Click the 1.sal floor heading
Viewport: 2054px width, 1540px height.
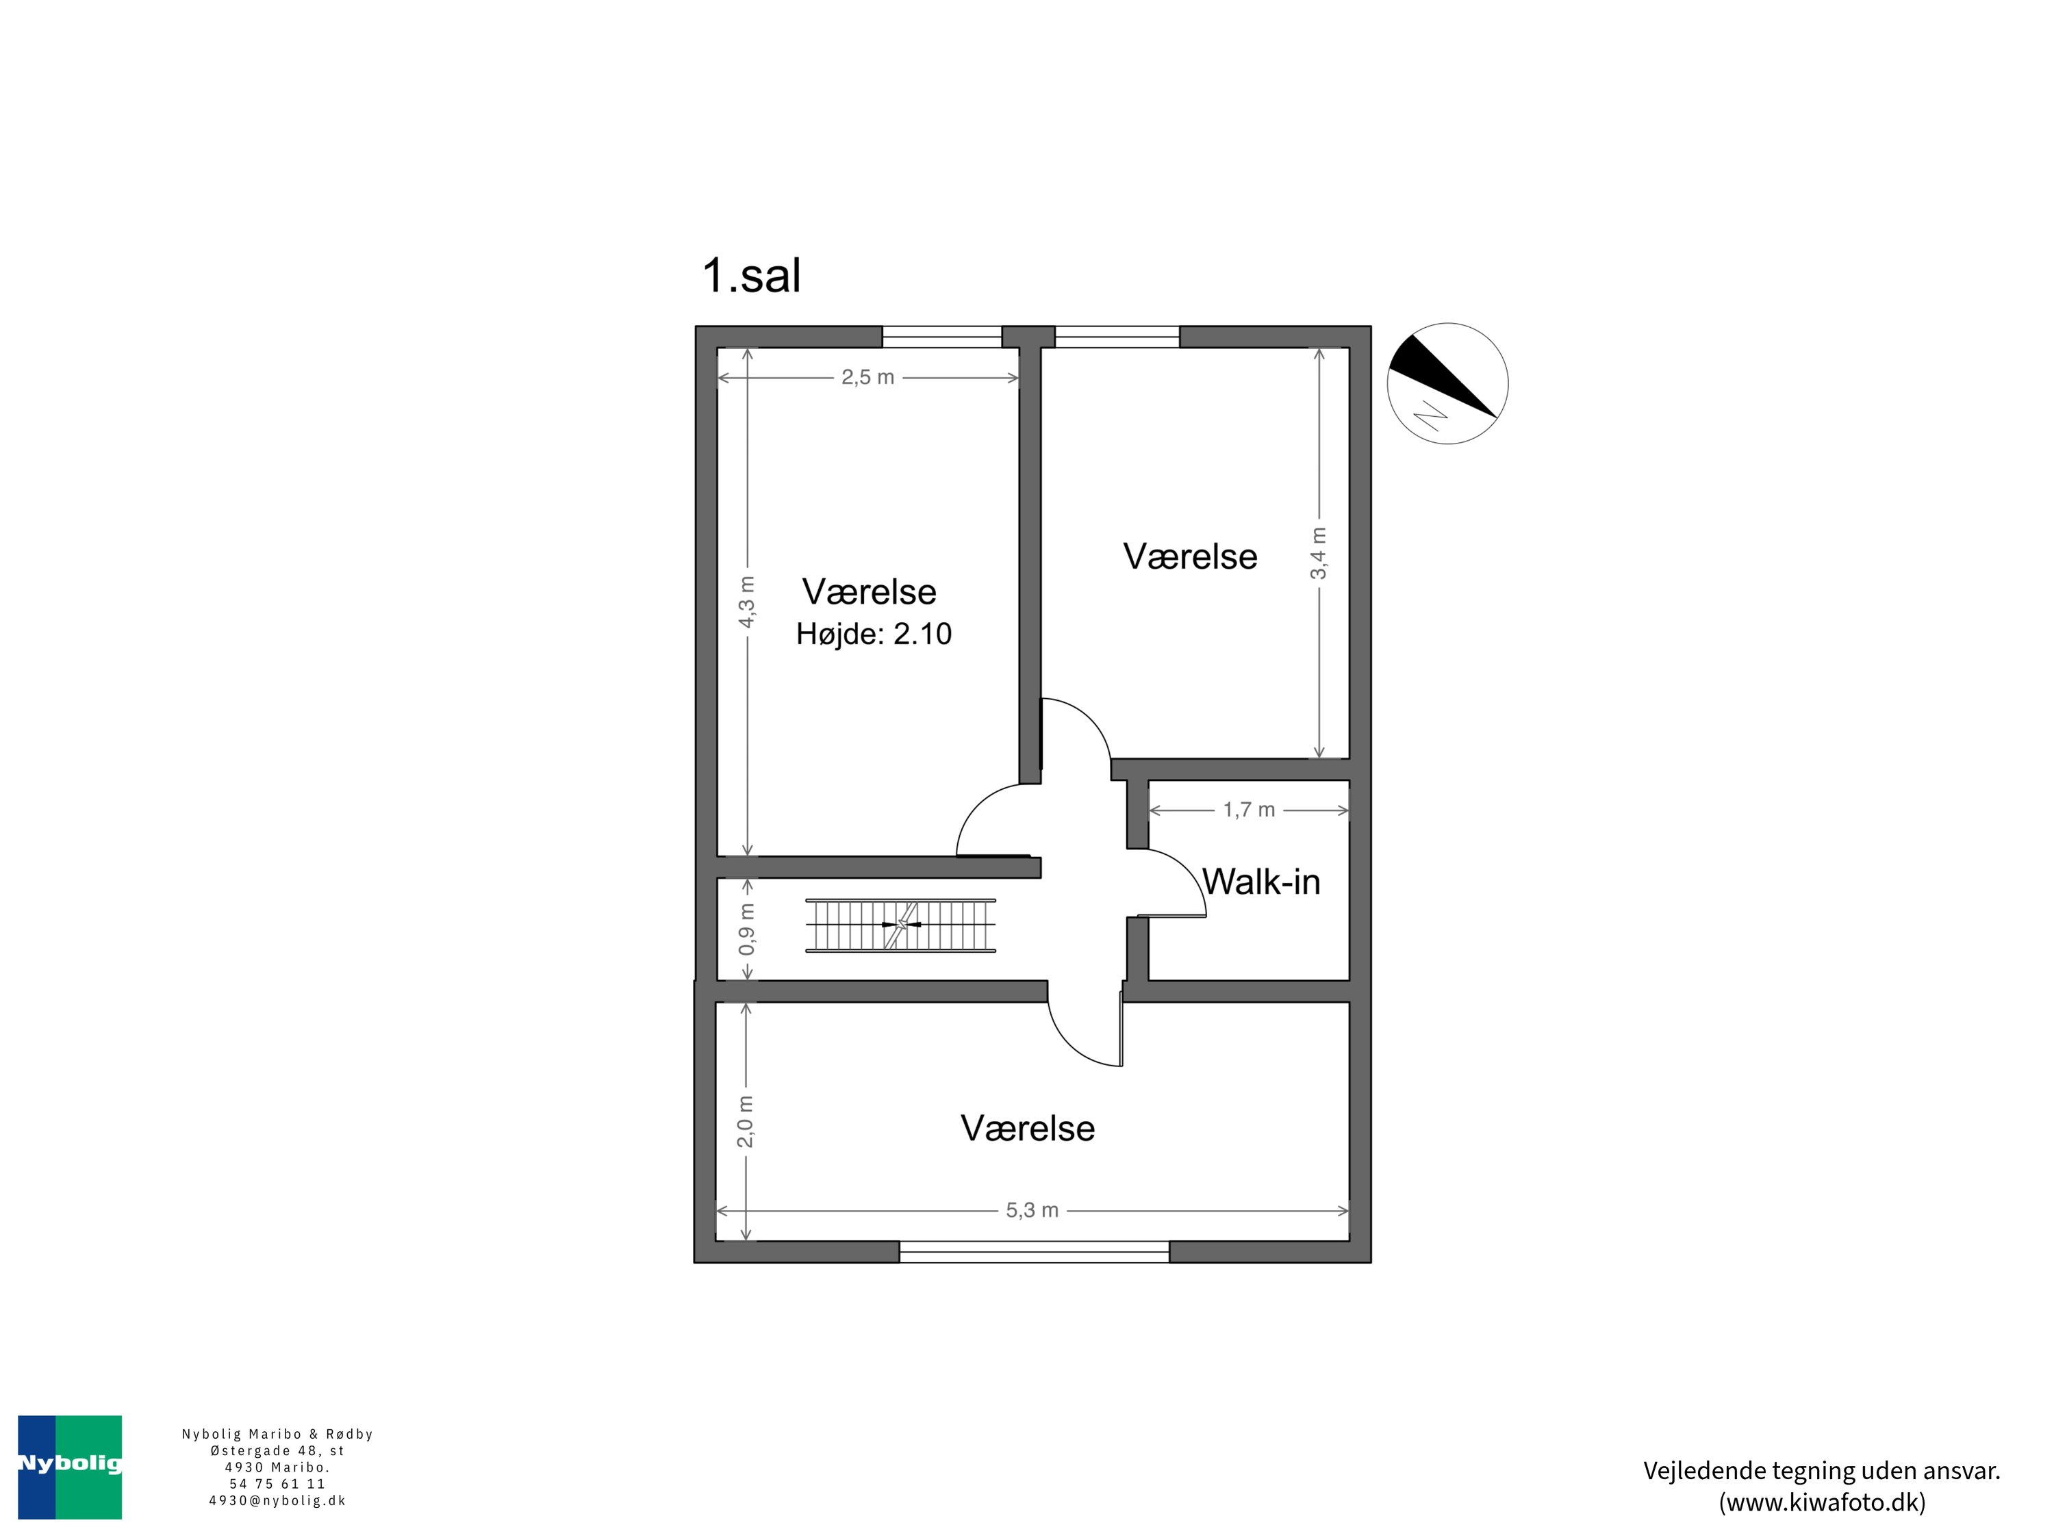click(751, 276)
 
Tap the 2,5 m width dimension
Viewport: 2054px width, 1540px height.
click(867, 377)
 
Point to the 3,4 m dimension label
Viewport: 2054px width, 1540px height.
click(1319, 553)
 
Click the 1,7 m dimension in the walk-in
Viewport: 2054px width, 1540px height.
click(1249, 810)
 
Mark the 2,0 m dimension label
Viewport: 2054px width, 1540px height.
click(746, 1121)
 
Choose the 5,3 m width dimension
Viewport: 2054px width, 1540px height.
click(1032, 1211)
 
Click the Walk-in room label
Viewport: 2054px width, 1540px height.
click(1261, 882)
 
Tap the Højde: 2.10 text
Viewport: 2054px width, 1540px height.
click(874, 634)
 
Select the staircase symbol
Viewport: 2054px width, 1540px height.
click(900, 925)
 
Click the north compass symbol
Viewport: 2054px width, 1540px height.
click(1447, 383)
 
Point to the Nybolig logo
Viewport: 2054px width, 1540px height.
click(70, 1467)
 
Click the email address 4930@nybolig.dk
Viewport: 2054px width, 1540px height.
click(277, 1500)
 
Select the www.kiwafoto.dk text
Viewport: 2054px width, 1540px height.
click(1821, 1502)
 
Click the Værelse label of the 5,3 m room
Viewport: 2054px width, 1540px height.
click(1027, 1129)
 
